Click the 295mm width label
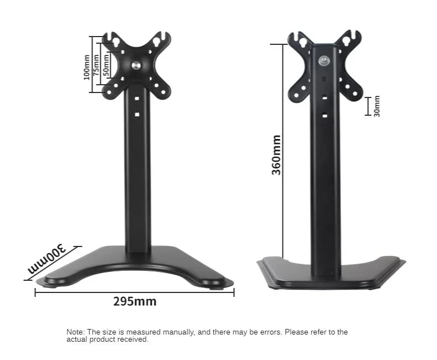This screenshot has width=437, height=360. pyautogui.click(x=135, y=302)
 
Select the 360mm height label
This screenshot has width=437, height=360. pyautogui.click(x=276, y=155)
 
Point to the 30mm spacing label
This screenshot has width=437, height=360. pyautogui.click(x=377, y=106)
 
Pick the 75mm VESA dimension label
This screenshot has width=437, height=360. pyautogui.click(x=96, y=65)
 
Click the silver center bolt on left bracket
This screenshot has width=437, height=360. pyautogui.click(x=136, y=65)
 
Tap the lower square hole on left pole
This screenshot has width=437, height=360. pyautogui.click(x=136, y=115)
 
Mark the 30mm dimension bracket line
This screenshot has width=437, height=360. pyautogui.click(x=367, y=106)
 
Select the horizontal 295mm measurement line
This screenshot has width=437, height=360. pyautogui.click(x=135, y=292)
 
